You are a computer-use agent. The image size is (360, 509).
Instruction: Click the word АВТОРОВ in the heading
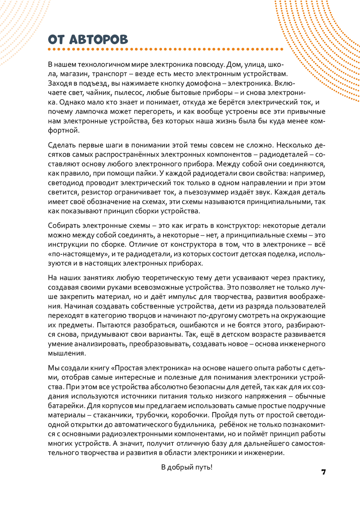point(98,40)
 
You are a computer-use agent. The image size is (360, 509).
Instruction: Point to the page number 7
point(323,472)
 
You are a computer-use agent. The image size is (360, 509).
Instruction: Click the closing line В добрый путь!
point(186,467)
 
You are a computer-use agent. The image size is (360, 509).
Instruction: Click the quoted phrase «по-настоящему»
point(78,254)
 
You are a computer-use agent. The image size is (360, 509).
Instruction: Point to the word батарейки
point(66,406)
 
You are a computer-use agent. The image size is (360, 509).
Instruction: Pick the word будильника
point(197,424)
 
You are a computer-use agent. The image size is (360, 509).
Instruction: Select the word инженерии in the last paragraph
point(265,453)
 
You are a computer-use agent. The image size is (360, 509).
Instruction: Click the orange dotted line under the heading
point(166,49)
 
